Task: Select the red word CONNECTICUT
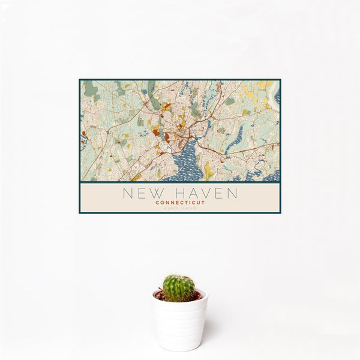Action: (180, 203)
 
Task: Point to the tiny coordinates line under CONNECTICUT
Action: (180, 208)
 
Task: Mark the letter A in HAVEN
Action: (186, 193)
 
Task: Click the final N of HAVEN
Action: (232, 193)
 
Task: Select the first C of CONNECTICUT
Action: (157, 203)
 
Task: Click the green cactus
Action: (179, 287)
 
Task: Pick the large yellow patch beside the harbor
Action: (208, 170)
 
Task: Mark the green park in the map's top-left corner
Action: (91, 90)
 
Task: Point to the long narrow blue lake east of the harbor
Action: (234, 139)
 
